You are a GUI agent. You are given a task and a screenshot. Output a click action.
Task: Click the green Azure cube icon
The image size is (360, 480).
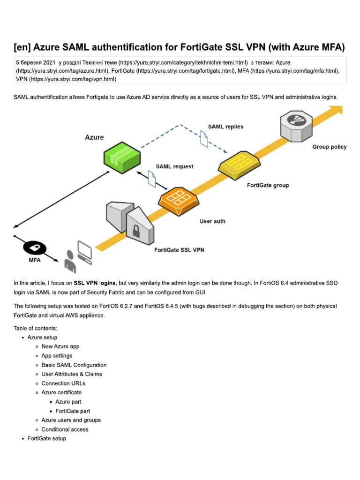click(x=121, y=156)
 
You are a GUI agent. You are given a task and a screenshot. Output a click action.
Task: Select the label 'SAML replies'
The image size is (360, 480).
click(x=225, y=127)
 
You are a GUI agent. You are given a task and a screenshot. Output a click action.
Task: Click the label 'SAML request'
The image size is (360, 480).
click(x=174, y=166)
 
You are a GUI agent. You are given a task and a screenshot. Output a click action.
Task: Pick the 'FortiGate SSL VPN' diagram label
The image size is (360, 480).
click(x=179, y=250)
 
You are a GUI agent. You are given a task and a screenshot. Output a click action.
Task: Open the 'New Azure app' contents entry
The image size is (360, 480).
click(x=60, y=346)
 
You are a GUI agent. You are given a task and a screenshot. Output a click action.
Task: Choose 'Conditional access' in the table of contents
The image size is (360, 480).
click(x=65, y=429)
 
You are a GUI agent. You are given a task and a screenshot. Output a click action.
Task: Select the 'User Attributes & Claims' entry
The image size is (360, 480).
click(x=71, y=374)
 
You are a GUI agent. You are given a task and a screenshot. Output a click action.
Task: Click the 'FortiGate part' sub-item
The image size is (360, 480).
click(x=72, y=411)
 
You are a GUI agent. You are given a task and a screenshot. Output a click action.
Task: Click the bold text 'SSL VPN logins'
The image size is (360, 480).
click(x=95, y=283)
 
